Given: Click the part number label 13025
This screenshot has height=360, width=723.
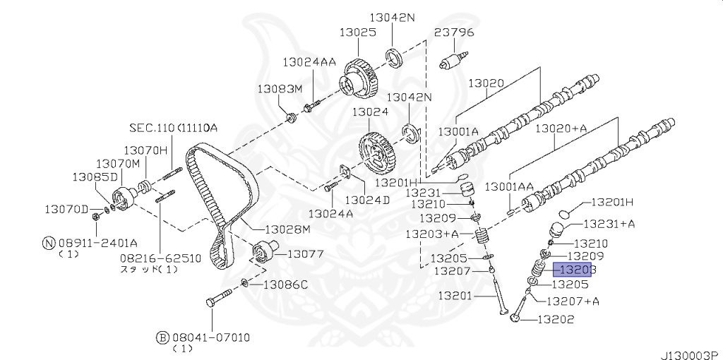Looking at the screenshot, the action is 358,32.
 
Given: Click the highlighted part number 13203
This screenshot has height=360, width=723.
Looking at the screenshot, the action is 572,270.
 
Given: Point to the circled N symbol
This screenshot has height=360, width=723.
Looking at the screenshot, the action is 49,243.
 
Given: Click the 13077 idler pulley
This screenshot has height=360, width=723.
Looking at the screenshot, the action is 264,251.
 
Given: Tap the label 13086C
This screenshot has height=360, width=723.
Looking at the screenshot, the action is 285,285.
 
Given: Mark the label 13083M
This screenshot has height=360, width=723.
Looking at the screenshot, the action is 280,89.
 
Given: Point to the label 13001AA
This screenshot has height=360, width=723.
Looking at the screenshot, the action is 508,186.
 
